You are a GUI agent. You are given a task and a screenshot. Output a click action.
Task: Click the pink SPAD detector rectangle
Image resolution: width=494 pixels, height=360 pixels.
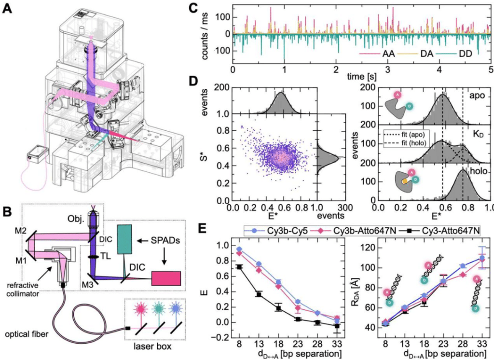[x=166, y=279]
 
